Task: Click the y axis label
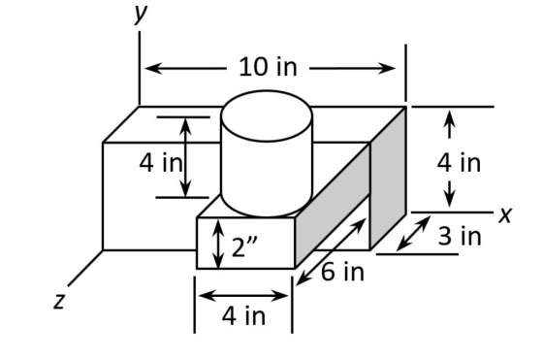pyautogui.click(x=141, y=15)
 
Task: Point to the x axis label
pyautogui.click(x=505, y=214)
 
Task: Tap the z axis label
pyautogui.click(x=59, y=301)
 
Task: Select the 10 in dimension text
pyautogui.click(x=268, y=67)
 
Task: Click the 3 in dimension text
pyautogui.click(x=460, y=237)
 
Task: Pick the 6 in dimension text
pyautogui.click(x=343, y=272)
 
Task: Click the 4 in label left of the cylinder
pyautogui.click(x=161, y=163)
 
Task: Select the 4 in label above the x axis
pyautogui.click(x=459, y=163)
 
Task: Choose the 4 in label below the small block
pyautogui.click(x=243, y=316)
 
